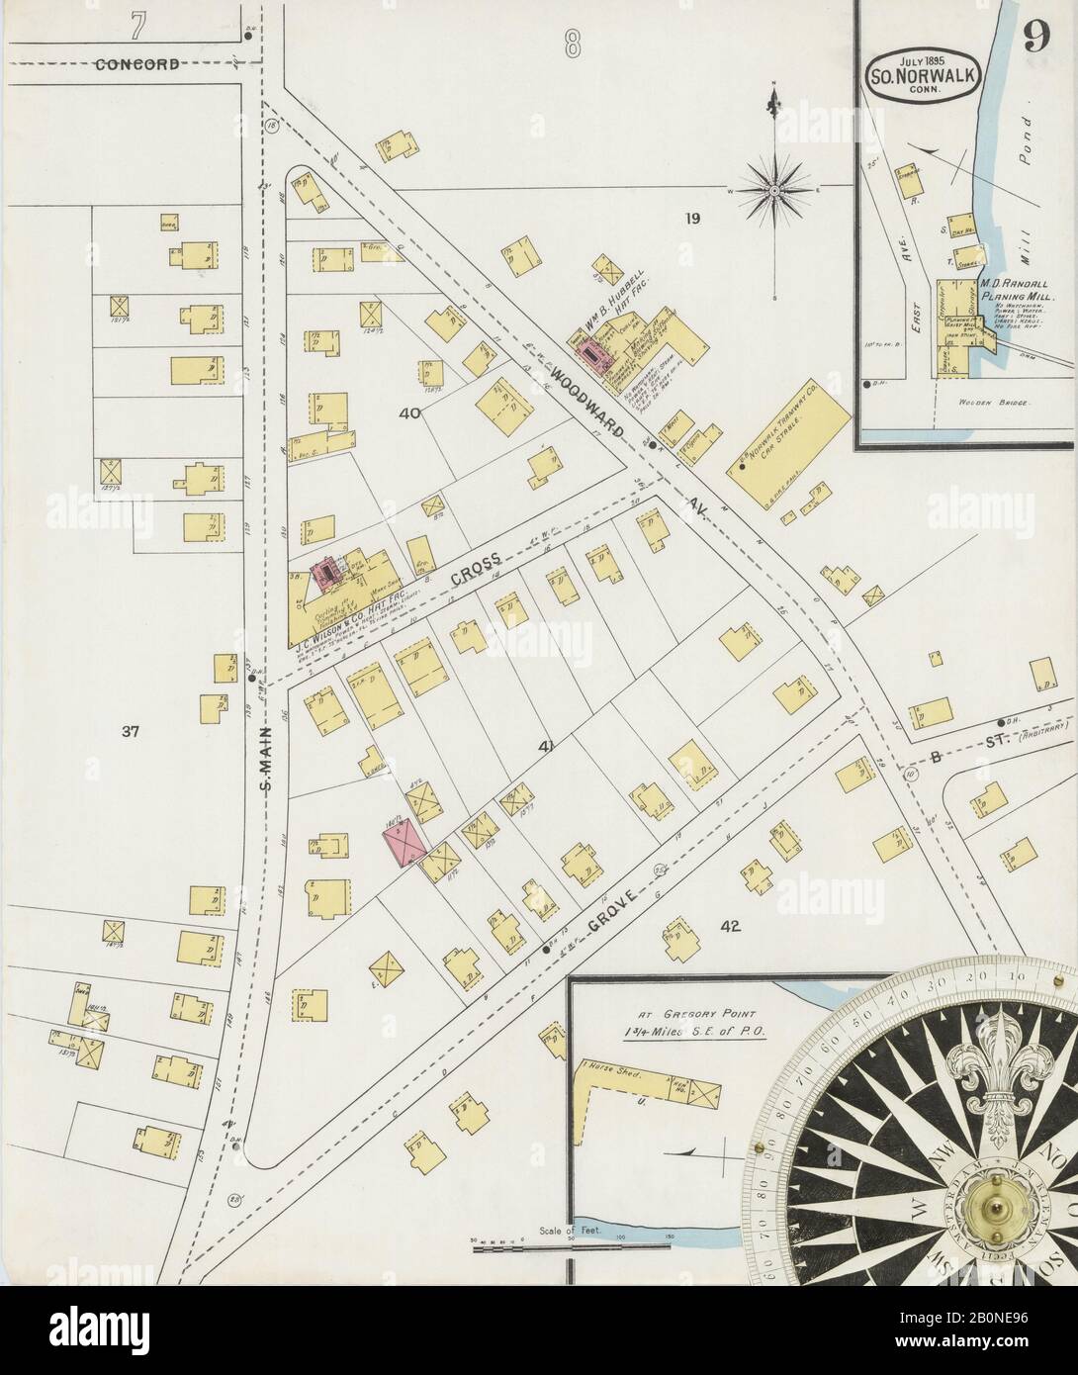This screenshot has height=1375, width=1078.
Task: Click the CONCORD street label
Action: (137, 65)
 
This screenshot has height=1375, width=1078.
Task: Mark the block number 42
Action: (731, 927)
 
